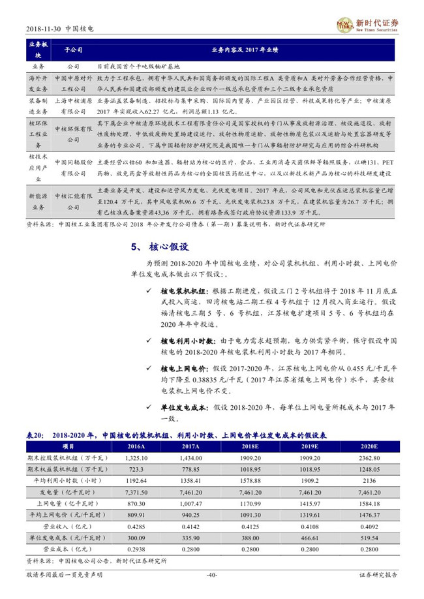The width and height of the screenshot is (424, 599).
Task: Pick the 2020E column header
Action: coord(366,446)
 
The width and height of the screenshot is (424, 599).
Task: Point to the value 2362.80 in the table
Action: coord(366,458)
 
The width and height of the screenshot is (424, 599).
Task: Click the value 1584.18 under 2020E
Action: coord(366,504)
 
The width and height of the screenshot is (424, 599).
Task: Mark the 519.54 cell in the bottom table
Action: coord(366,539)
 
